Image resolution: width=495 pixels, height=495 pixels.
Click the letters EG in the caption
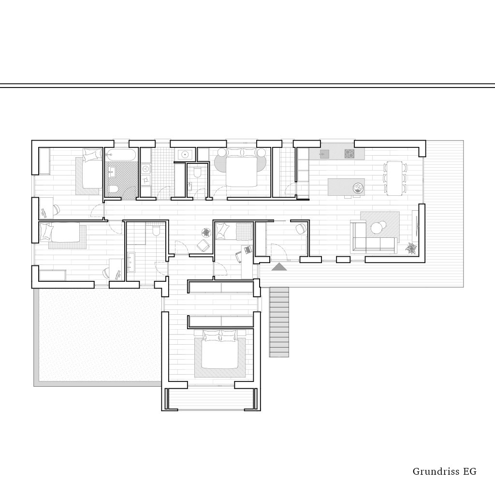point(470,472)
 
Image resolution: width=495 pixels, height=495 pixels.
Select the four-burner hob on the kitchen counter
point(349,154)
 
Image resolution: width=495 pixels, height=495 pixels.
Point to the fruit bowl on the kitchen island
point(358,189)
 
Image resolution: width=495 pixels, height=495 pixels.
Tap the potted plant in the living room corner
point(411,248)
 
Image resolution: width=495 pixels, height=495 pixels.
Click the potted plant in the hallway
point(206,233)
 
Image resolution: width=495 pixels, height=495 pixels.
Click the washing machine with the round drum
point(146,169)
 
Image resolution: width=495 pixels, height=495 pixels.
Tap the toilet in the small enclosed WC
point(198,173)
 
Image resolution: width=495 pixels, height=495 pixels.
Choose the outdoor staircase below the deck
point(279,322)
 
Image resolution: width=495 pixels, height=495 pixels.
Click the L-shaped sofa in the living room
point(373,237)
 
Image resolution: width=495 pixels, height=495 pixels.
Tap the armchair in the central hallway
point(203,245)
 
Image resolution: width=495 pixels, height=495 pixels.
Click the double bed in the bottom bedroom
point(220,349)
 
